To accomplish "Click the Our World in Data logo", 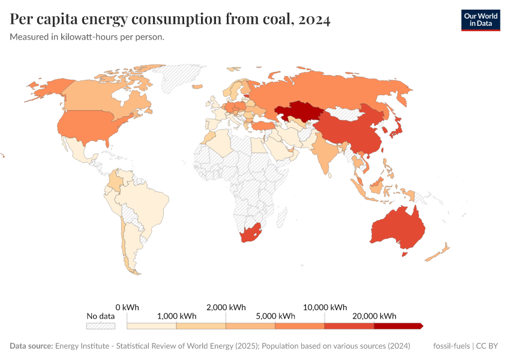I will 480,20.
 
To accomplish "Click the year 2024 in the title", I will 312,20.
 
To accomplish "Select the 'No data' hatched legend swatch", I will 100,326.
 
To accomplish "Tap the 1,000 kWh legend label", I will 177,316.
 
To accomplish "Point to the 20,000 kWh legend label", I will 374,316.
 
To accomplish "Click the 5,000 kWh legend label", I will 275,316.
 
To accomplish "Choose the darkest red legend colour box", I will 398,326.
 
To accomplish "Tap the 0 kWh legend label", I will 127,307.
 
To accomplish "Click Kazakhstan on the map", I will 298,112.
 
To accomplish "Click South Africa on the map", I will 250,234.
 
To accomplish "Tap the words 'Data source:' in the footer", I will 31,346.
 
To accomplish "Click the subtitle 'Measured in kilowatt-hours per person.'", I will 87,37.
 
